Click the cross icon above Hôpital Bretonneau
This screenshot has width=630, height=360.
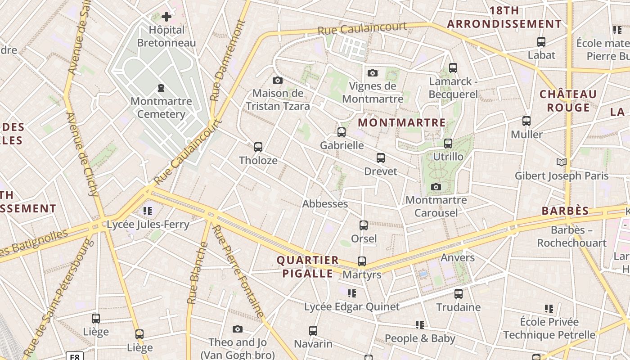tap(166, 17)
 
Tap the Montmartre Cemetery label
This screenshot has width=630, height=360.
tap(161, 108)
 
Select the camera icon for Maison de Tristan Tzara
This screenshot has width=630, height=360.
tap(278, 81)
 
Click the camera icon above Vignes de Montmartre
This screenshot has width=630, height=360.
tap(373, 73)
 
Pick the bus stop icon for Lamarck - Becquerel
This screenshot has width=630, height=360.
tap(453, 68)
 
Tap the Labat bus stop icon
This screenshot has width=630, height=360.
tap(541, 42)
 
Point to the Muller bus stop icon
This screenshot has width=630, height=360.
tap(526, 121)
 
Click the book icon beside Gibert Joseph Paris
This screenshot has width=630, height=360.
tap(561, 162)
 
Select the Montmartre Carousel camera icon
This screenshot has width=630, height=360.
tap(436, 187)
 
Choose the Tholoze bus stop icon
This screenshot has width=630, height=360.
tap(258, 147)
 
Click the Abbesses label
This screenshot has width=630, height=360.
tap(325, 204)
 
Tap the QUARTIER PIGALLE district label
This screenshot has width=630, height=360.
tap(308, 266)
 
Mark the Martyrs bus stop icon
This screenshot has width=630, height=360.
tap(362, 261)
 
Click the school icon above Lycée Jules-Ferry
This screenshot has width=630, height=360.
tap(148, 211)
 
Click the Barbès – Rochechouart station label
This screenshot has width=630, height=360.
tap(571, 237)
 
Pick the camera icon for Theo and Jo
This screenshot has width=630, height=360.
tap(238, 329)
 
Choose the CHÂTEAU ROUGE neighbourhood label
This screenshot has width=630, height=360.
tap(568, 101)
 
